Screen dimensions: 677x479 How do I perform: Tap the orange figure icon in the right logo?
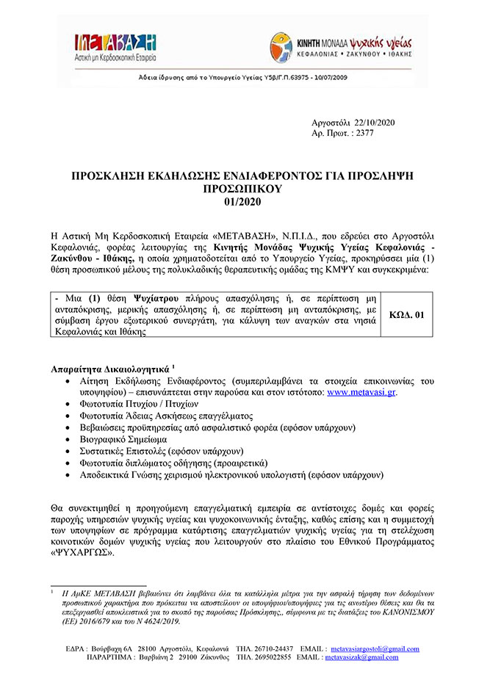pyautogui.click(x=280, y=44)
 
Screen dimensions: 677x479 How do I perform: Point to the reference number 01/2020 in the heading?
pyautogui.click(x=240, y=200)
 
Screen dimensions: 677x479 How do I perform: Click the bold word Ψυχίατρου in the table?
pyautogui.click(x=135, y=299)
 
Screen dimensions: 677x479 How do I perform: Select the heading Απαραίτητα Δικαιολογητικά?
pyautogui.click(x=111, y=367)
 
